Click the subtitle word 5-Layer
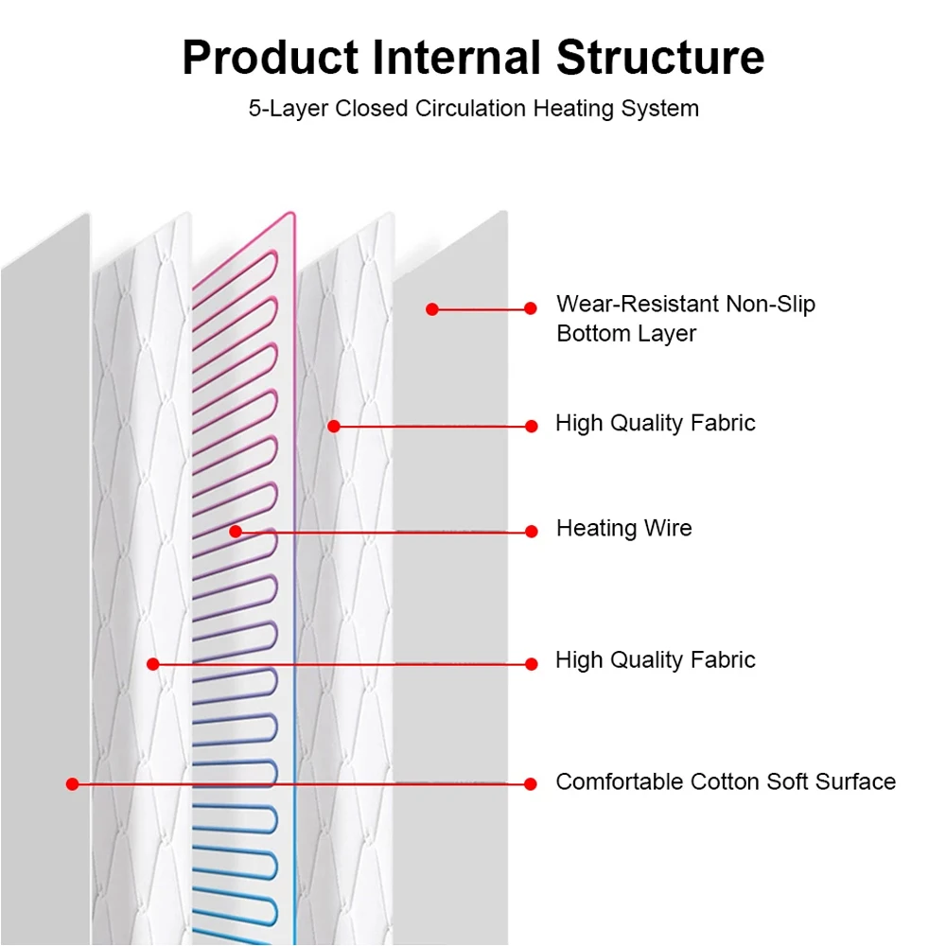click(288, 108)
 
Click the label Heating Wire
click(623, 528)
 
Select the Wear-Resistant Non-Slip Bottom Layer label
click(685, 318)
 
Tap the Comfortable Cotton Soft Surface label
click(725, 781)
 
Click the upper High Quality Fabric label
click(655, 423)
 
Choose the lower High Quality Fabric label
click(655, 659)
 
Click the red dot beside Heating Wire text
click(532, 532)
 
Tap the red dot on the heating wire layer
click(236, 532)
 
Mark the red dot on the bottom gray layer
click(432, 308)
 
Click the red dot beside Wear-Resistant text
click(531, 308)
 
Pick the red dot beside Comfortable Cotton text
click(531, 784)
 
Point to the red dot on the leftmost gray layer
click(72, 784)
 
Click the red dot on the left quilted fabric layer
click(153, 664)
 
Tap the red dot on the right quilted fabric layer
click(333, 427)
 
